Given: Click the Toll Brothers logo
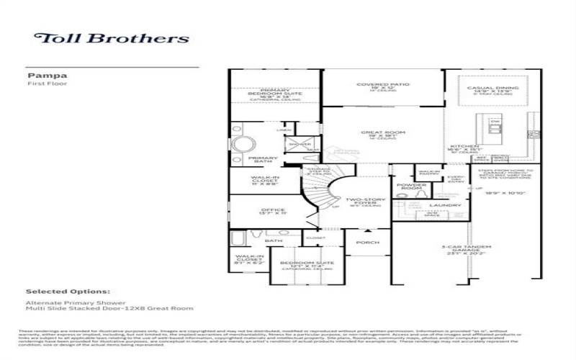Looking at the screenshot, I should (x=112, y=38).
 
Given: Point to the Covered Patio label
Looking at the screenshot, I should (x=383, y=85).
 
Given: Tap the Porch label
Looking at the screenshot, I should (x=368, y=243).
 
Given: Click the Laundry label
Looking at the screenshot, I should (x=450, y=205).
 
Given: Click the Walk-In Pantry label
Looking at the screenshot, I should (x=429, y=174).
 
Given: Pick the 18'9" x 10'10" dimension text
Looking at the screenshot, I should (x=507, y=193).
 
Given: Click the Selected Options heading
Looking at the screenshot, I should (x=68, y=292).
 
